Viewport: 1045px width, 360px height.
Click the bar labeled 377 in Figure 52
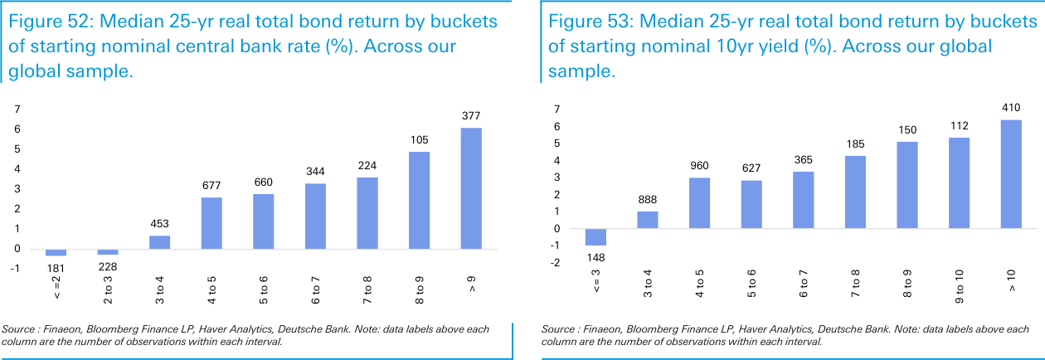(x=471, y=188)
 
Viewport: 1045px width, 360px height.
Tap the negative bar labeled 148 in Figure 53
(x=595, y=237)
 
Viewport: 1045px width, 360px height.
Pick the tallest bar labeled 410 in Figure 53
(x=1012, y=174)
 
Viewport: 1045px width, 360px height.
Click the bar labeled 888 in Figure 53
(x=648, y=220)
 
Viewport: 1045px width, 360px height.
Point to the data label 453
(x=160, y=222)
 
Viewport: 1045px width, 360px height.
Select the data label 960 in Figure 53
(x=700, y=164)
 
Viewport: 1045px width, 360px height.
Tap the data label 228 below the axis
(x=108, y=267)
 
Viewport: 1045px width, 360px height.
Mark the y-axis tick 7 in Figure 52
(x=16, y=109)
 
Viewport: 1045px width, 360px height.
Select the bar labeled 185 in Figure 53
(x=856, y=192)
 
